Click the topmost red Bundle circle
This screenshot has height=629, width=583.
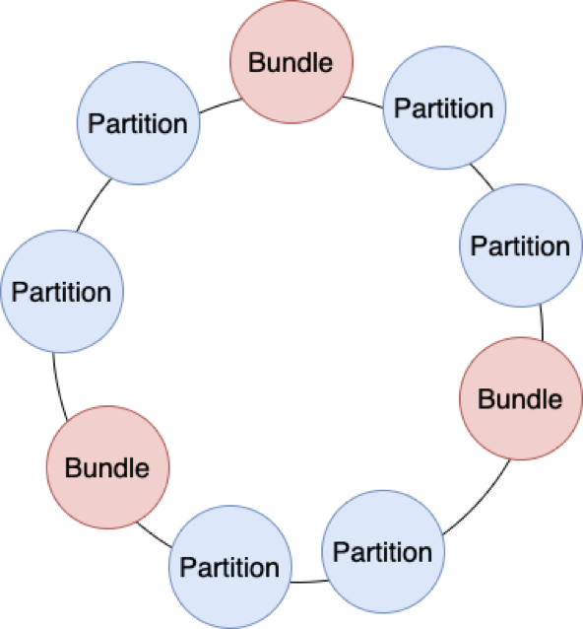[x=291, y=62]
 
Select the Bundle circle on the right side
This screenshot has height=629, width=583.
[x=521, y=398]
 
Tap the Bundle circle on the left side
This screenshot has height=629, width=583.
[x=107, y=467]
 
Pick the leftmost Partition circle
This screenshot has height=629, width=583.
[x=62, y=292]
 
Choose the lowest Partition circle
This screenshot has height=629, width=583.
[x=230, y=567]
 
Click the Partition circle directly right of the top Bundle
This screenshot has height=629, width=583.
[x=444, y=107]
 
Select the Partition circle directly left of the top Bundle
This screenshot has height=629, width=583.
[x=138, y=123]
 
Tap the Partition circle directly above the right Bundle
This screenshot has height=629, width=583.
[x=521, y=245]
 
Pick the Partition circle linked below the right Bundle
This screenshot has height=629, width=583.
[x=383, y=551]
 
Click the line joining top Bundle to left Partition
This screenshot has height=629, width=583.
[x=221, y=105]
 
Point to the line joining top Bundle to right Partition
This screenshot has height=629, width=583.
[x=363, y=102]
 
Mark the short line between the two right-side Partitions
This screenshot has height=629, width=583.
[x=483, y=176]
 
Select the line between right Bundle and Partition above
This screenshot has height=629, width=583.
[x=542, y=322]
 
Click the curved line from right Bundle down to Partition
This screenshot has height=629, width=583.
[x=480, y=501]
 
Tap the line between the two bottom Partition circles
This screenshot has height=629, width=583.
[x=309, y=582]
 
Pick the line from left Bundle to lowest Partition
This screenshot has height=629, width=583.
[x=154, y=535]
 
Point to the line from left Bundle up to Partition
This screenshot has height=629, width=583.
[x=58, y=387]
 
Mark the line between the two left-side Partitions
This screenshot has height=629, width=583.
[x=93, y=204]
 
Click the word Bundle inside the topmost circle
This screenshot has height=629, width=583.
[x=291, y=63]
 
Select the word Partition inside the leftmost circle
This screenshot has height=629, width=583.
[x=61, y=292]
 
